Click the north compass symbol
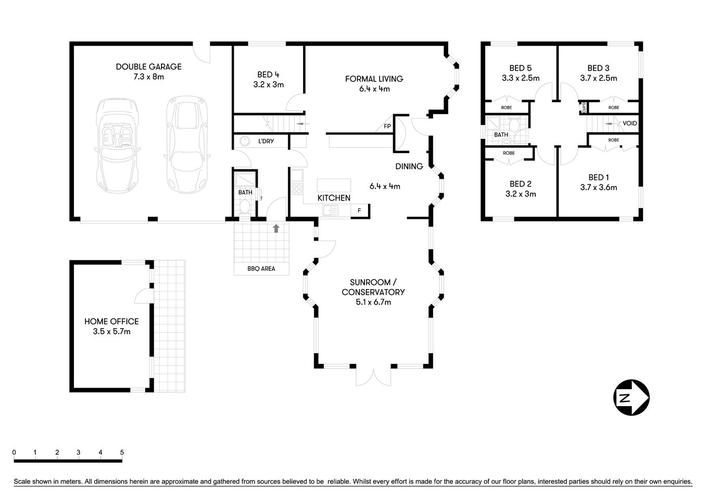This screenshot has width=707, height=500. click(631, 398)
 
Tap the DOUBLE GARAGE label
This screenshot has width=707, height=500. click(148, 67)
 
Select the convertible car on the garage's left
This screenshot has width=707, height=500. click(117, 146)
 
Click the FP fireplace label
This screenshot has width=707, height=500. click(387, 127)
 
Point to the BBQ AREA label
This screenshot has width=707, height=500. click(261, 269)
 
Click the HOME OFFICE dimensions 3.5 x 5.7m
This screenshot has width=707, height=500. click(107, 331)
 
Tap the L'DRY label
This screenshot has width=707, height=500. click(266, 141)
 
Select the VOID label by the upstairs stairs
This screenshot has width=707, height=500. click(629, 123)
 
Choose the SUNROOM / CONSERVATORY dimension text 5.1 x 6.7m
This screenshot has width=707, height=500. click(373, 302)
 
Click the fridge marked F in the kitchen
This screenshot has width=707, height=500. click(359, 210)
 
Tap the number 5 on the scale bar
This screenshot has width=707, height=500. click(122, 452)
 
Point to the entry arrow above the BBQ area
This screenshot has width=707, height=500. click(276, 228)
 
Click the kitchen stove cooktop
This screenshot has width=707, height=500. click(297, 189)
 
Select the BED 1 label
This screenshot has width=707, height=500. click(598, 177)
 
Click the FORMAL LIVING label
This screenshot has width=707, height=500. click(374, 79)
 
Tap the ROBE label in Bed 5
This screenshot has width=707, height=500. click(506, 107)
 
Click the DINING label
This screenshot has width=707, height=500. click(409, 167)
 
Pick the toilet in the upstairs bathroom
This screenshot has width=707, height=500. click(514, 125)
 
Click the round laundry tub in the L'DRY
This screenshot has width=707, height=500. click(244, 141)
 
